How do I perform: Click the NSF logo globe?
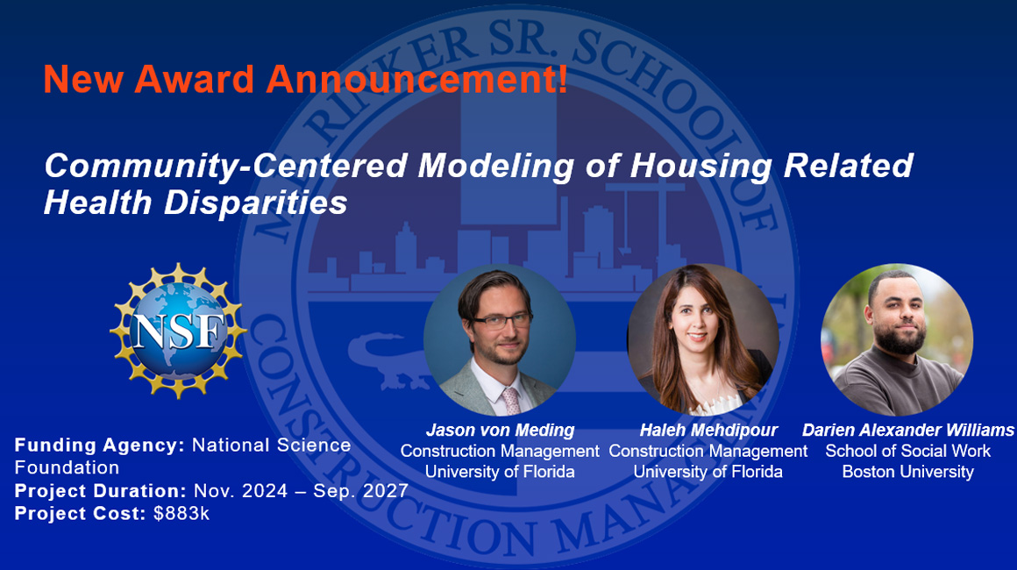pos(179,330)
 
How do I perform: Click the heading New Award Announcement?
pos(305,80)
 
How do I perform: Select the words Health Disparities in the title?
pos(196,203)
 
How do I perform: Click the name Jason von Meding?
pos(500,431)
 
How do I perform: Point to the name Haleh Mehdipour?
pos(708,431)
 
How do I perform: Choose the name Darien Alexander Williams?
pos(907,431)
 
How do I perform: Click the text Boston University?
pos(907,472)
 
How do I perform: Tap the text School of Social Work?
pos(907,452)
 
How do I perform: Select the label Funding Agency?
pos(99,445)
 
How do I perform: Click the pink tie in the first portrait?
pos(509,399)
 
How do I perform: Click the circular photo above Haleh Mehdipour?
pos(703,340)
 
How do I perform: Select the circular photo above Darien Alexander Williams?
pos(896,340)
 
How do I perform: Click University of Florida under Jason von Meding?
pos(500,472)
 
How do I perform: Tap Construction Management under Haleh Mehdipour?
pos(708,452)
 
